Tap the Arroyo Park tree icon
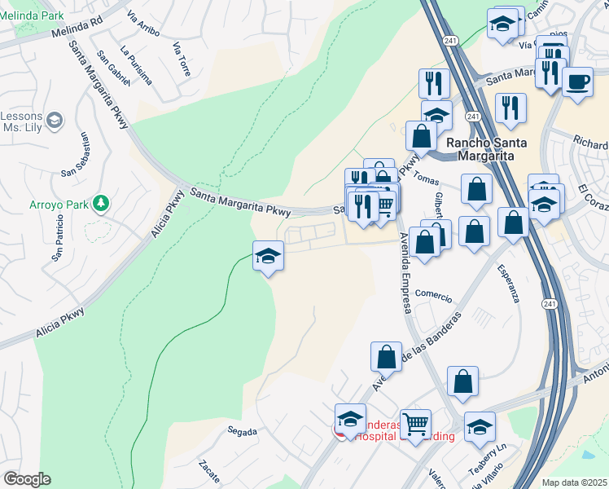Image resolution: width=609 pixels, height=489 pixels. coord(101,202)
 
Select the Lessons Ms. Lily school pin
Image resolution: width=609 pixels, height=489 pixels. coord(55,121)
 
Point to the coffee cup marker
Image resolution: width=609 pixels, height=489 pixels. coord(577,81)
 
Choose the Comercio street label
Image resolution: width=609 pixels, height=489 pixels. coord(432,293)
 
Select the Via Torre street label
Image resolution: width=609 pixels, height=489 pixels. coord(181,59)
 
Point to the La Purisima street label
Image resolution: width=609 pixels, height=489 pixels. coord(136,64)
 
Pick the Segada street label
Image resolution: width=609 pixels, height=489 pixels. coord(243,431)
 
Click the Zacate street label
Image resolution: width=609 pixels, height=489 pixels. coord(208,472)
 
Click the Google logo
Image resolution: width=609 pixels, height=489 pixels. coord(27,479)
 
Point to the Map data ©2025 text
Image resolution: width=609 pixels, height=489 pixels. coord(573,482)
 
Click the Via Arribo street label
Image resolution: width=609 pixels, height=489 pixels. coord(143,28)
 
